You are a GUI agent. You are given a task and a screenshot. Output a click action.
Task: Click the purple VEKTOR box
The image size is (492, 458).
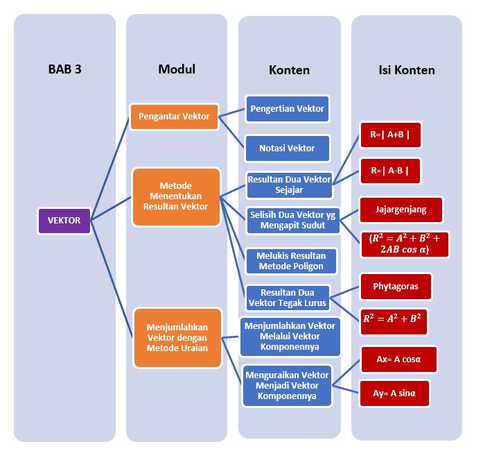tap(64, 221)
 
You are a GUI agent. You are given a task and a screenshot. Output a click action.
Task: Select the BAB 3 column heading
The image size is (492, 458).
tap(65, 69)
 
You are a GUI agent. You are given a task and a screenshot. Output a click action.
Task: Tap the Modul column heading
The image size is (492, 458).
tap(177, 69)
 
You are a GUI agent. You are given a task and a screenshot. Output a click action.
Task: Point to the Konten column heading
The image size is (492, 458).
tap(289, 70)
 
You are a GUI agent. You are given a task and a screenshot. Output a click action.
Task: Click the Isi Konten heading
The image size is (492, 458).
tap(407, 70)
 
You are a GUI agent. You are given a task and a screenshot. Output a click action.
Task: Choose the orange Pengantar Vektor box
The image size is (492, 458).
tap(174, 117)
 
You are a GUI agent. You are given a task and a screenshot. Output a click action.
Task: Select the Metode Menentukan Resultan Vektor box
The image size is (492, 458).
tap(176, 196)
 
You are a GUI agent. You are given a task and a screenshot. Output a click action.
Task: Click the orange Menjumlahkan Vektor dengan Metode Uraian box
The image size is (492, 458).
tap(177, 338)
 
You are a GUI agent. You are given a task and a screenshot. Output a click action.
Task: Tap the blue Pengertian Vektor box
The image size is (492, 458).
tap(287, 109)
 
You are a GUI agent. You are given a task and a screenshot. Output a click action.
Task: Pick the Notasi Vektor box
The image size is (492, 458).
tap(287, 148)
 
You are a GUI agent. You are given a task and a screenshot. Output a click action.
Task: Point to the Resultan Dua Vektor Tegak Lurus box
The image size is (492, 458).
tap(288, 298)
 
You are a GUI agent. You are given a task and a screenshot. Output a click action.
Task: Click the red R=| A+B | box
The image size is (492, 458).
tap(390, 135)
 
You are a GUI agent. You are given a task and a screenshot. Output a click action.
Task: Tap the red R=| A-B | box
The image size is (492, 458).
tap(390, 170)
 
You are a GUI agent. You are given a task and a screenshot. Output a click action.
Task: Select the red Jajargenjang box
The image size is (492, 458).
tap(401, 209)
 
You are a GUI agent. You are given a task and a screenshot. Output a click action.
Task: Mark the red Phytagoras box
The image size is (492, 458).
tap(395, 286)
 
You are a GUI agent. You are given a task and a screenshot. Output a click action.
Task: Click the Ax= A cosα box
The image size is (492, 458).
tap(398, 359)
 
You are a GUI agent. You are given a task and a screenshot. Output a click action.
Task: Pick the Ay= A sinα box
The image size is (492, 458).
tap(394, 393)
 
